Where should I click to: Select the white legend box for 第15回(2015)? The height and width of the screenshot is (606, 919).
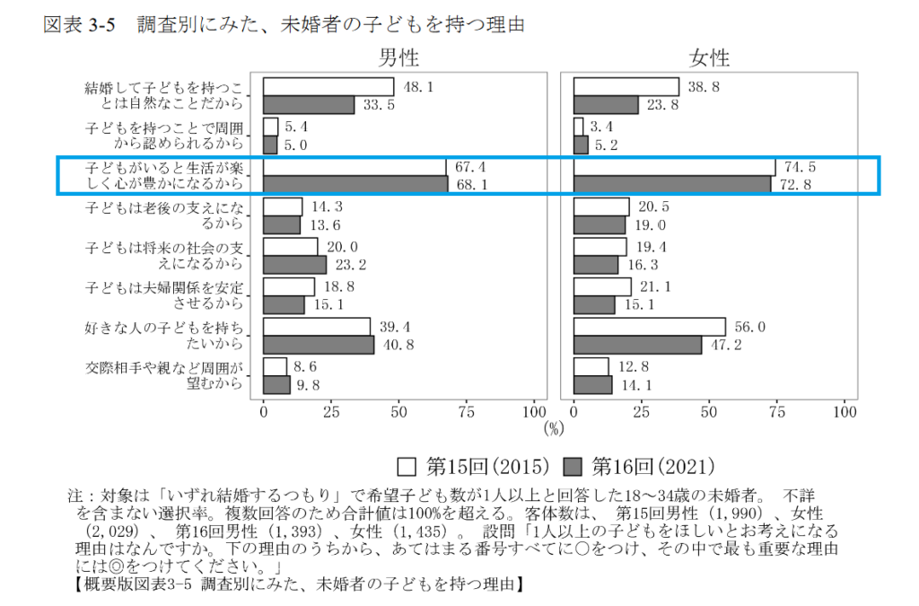point(407,467)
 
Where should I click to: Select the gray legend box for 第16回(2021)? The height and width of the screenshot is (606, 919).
point(574,467)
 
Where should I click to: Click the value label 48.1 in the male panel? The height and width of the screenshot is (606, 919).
point(419,87)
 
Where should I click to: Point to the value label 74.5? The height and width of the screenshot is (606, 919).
point(801,167)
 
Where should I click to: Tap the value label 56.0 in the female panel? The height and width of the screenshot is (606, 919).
point(750,328)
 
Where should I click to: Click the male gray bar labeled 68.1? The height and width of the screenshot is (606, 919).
point(356,184)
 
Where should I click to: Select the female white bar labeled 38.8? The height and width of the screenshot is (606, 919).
point(626,87)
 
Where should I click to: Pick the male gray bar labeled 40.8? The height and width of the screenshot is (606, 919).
point(319,345)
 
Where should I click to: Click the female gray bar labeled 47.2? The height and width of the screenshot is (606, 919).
point(637,345)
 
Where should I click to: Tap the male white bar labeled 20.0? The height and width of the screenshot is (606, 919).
point(291,247)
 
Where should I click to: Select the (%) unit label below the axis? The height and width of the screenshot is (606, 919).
point(554,428)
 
